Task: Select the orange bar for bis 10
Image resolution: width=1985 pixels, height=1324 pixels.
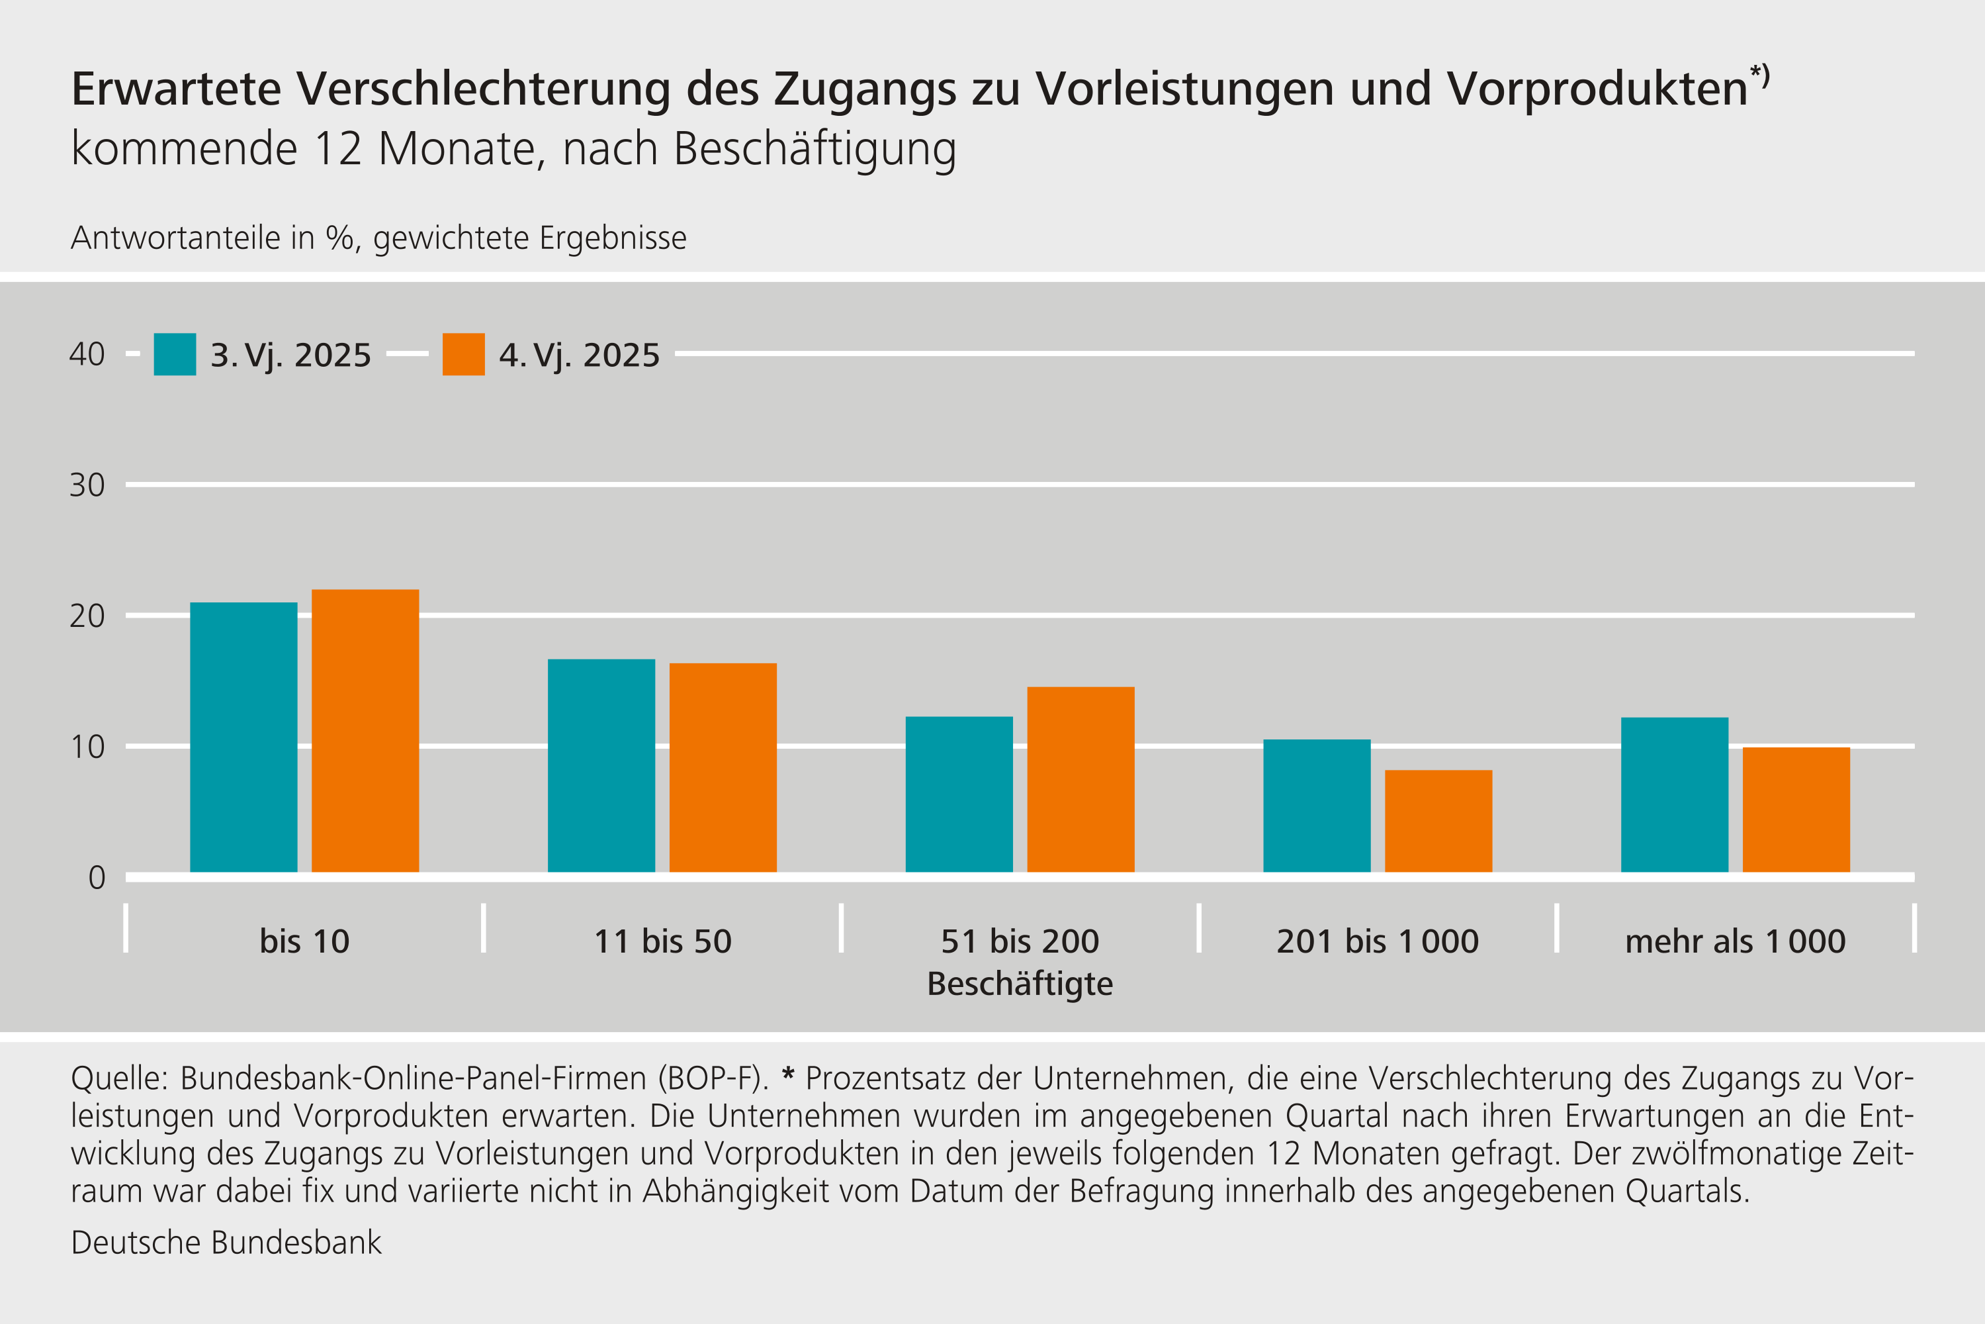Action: [x=365, y=730]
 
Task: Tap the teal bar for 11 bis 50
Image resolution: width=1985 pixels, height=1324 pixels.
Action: [x=601, y=765]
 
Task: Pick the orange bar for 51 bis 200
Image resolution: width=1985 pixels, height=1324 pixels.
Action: [x=1081, y=779]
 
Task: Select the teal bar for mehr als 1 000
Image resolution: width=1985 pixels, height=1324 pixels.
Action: [x=1675, y=794]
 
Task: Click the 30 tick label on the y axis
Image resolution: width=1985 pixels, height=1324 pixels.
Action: [x=87, y=485]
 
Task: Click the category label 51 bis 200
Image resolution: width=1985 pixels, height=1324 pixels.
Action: [x=1020, y=941]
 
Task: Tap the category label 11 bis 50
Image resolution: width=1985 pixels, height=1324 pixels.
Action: [x=662, y=941]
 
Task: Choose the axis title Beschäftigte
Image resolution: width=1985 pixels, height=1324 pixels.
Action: [x=1020, y=984]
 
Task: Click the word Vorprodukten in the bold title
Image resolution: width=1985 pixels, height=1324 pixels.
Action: [x=1597, y=89]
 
